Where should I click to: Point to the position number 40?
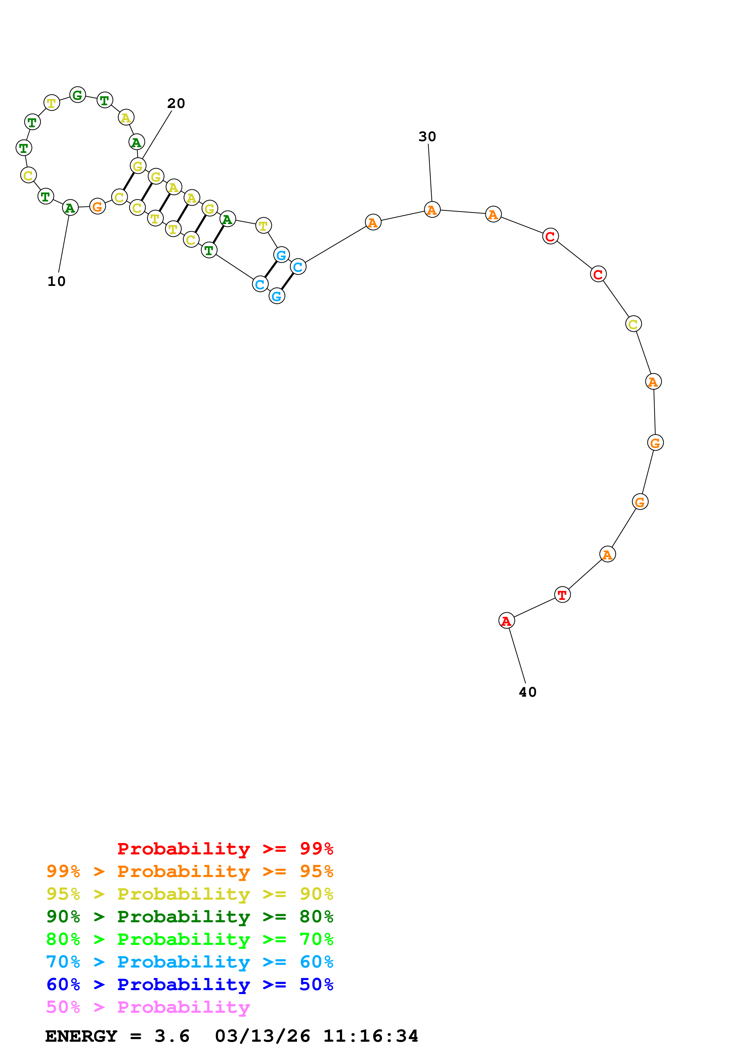pyautogui.click(x=528, y=692)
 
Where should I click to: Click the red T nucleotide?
pyautogui.click(x=562, y=594)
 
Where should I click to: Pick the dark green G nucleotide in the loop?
pyautogui.click(x=78, y=95)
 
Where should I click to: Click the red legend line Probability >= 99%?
pyautogui.click(x=225, y=848)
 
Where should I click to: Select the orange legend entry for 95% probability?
pyautogui.click(x=190, y=871)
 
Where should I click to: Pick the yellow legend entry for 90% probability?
pyautogui.click(x=190, y=894)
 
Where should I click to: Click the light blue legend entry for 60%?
pyautogui.click(x=190, y=962)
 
